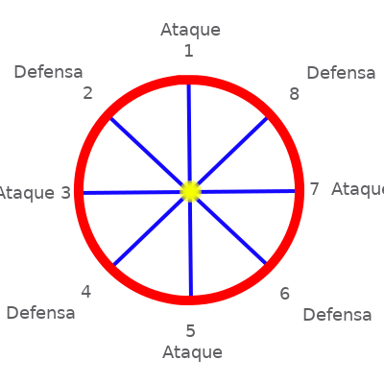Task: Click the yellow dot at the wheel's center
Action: [190, 191]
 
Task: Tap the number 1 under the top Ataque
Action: [189, 51]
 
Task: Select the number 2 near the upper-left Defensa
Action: [87, 93]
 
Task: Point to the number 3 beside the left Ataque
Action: [65, 193]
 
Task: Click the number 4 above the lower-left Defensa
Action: [85, 292]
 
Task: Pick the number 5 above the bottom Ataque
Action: [190, 331]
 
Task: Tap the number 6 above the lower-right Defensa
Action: [285, 294]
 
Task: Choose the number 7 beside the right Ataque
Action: [315, 189]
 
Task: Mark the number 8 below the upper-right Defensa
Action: [294, 94]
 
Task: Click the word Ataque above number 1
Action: [191, 31]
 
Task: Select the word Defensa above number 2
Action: [48, 72]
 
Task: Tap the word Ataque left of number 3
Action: [26, 194]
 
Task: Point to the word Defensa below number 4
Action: [40, 313]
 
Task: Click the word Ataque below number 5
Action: [192, 353]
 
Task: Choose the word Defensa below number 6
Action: [337, 315]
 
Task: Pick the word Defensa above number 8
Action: [341, 73]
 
